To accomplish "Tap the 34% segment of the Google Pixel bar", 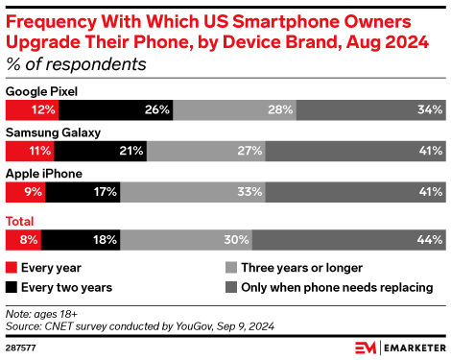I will tap(370, 109).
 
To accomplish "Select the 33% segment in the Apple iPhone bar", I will tap(192, 193).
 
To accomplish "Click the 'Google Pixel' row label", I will tap(42, 90).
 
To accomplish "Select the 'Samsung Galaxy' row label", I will tap(54, 132).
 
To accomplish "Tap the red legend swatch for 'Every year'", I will tap(12, 268).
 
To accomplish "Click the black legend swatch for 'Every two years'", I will tap(12, 286).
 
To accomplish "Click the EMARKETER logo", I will tap(398, 346).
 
